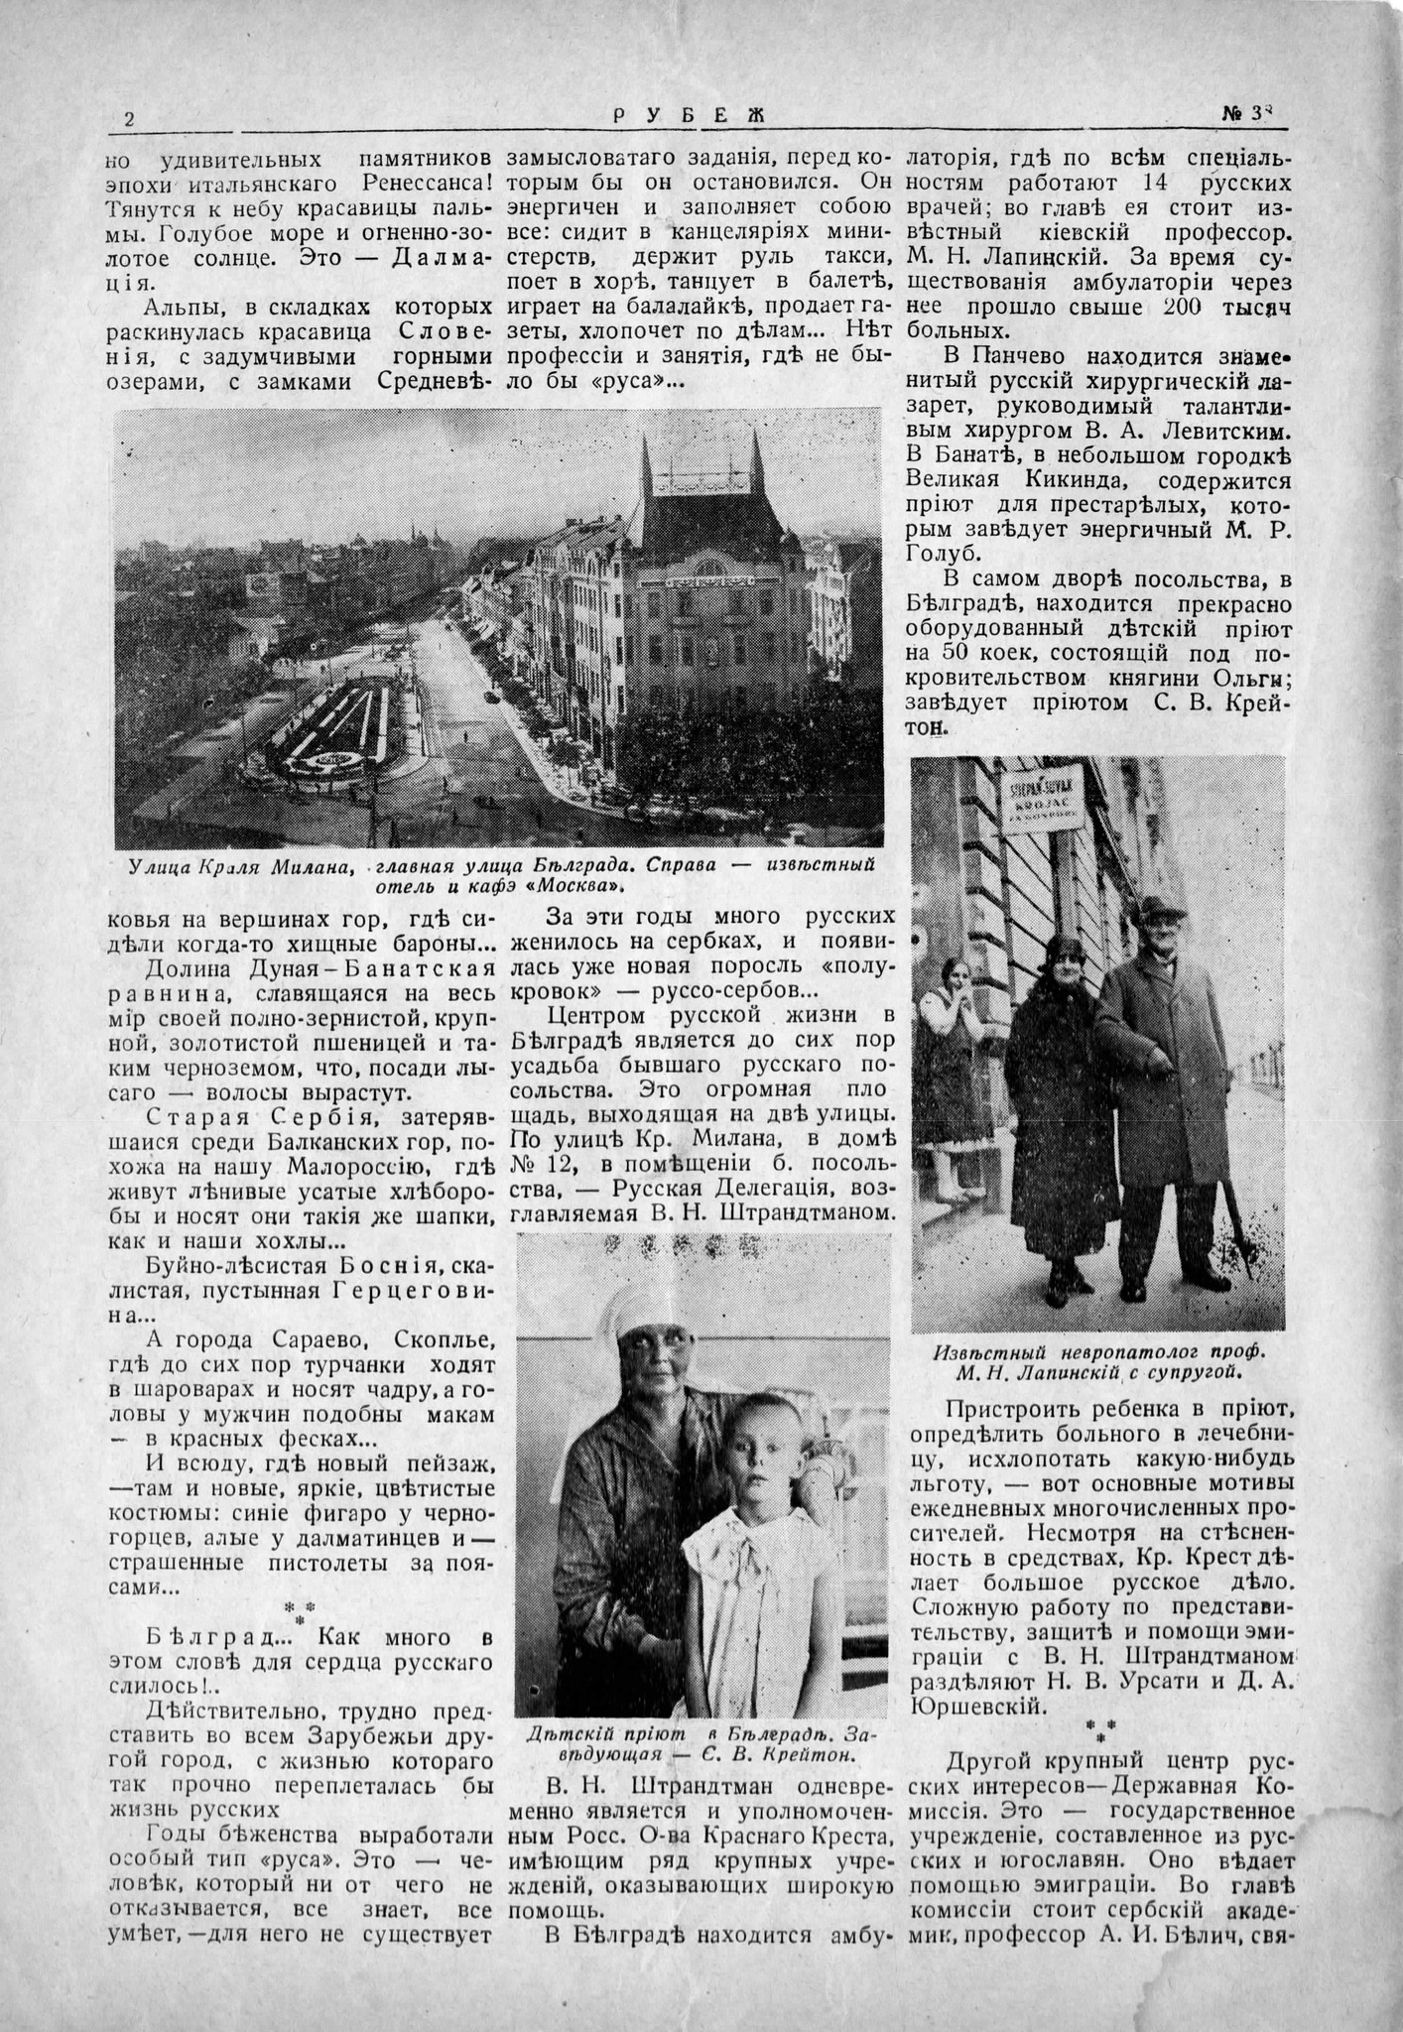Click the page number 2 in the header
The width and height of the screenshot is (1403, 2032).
coord(129,119)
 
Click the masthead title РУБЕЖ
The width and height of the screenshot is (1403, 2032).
coord(689,116)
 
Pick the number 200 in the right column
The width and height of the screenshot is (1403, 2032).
coord(1184,308)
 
